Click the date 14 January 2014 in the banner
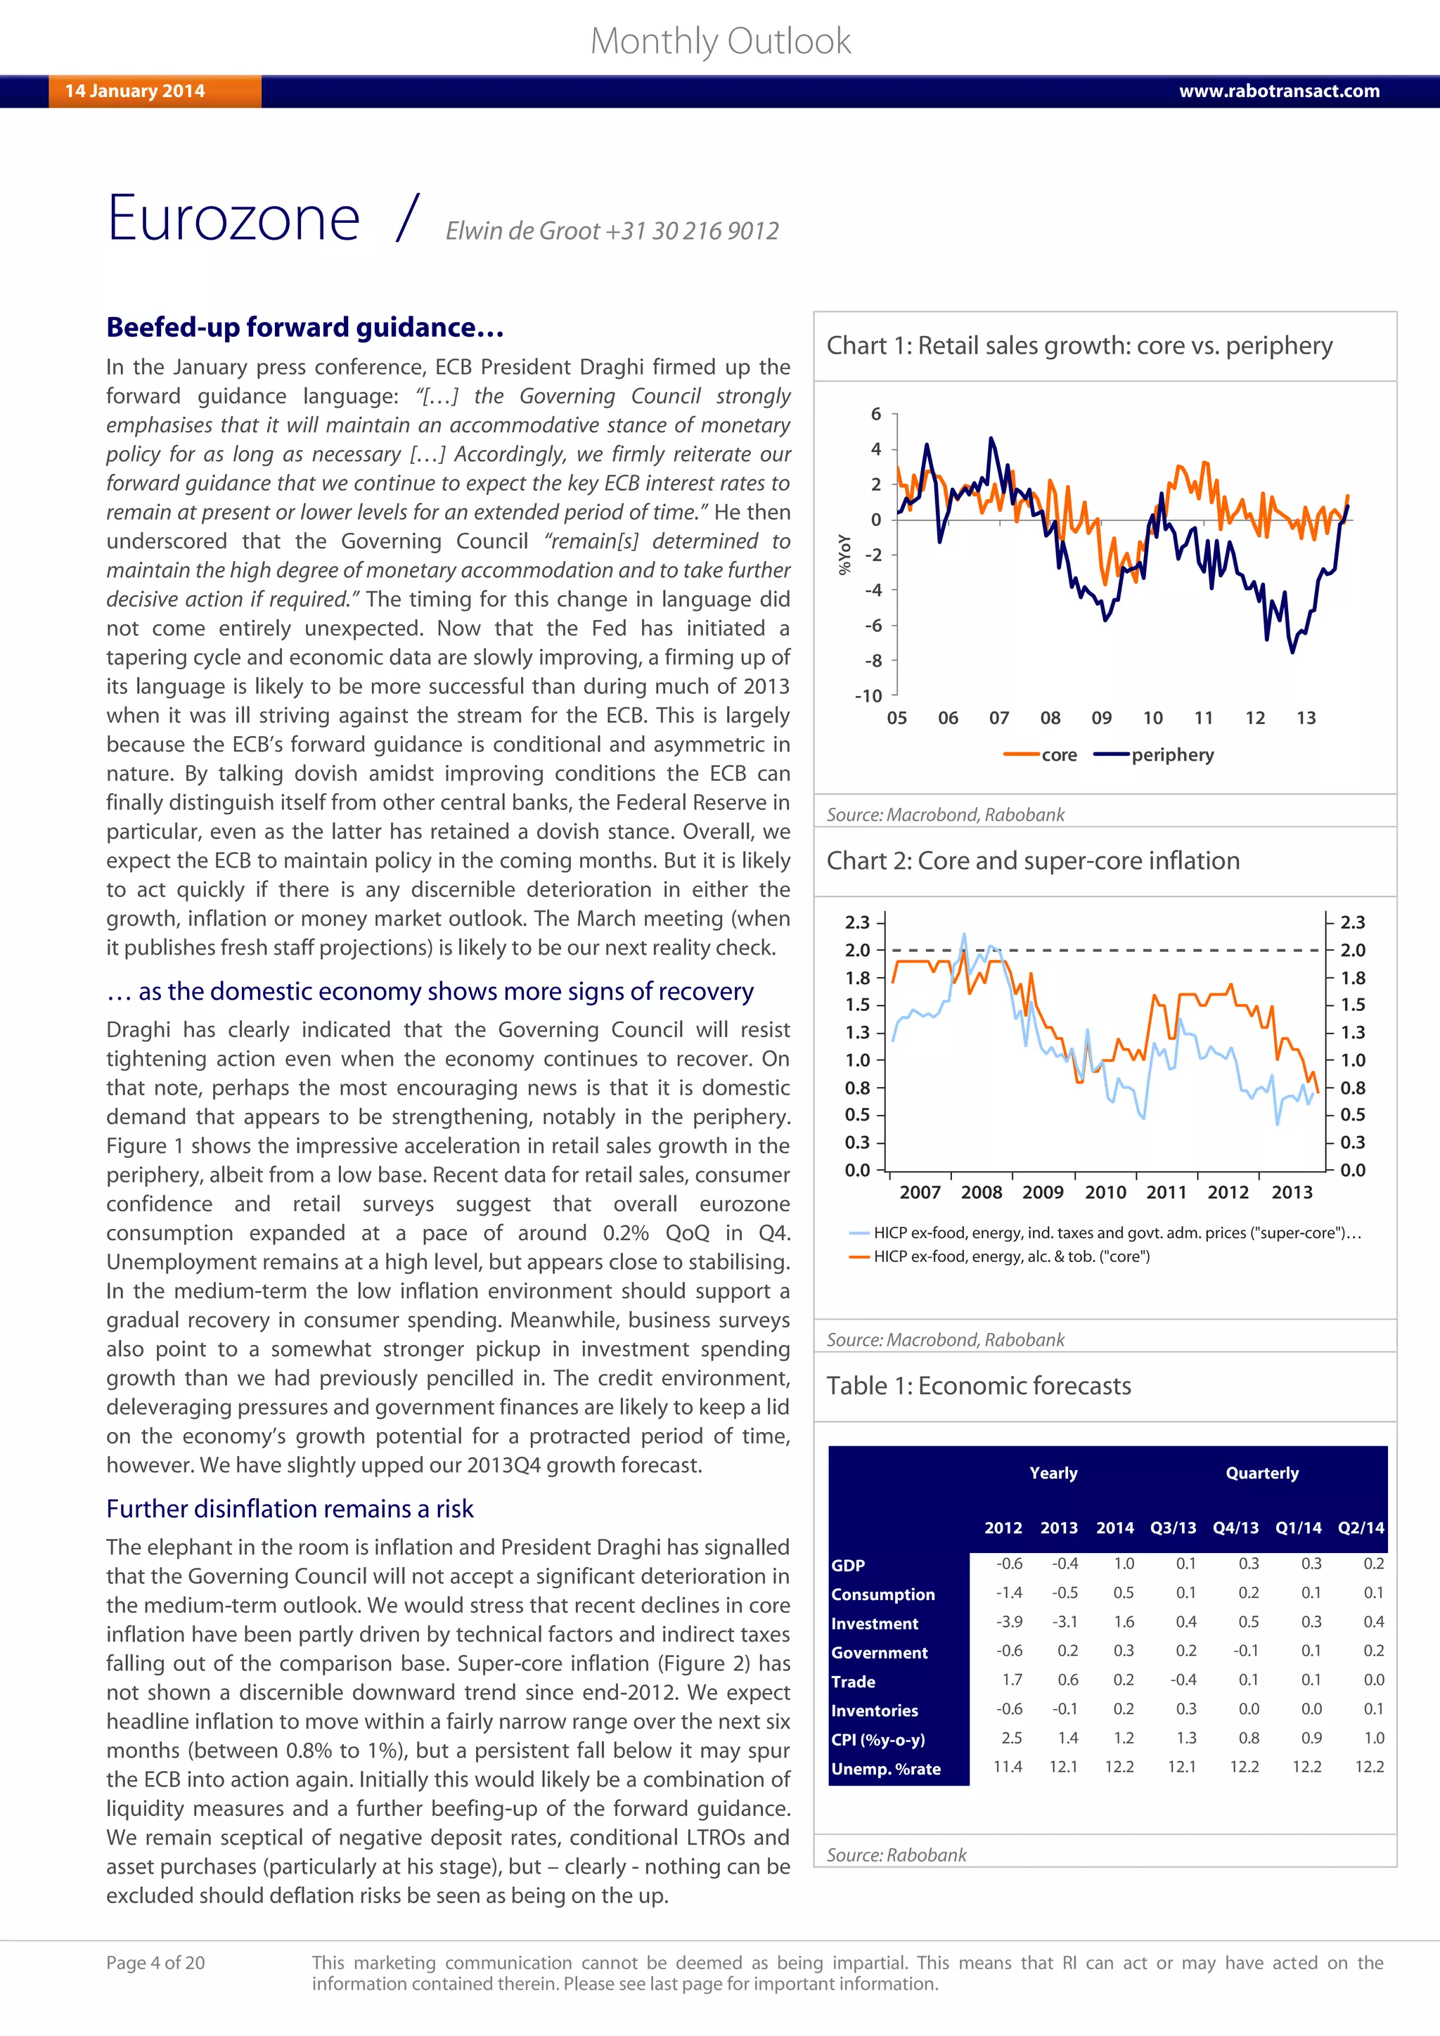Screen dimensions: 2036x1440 click(135, 91)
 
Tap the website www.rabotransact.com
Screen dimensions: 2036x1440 click(1278, 91)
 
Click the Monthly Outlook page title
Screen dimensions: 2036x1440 click(720, 41)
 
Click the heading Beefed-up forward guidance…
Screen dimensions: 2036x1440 click(305, 327)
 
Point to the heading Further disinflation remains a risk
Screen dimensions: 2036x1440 click(289, 1509)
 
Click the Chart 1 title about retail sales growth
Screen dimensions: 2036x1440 click(1079, 345)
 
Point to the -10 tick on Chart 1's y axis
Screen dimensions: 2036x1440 click(868, 696)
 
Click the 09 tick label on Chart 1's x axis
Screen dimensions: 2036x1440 click(1101, 719)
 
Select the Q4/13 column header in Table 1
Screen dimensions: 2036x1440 click(1235, 1528)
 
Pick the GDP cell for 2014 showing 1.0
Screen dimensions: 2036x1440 click(1124, 1564)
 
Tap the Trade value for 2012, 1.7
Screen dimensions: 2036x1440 click(1012, 1680)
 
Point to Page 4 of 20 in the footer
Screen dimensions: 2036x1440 click(155, 1964)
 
